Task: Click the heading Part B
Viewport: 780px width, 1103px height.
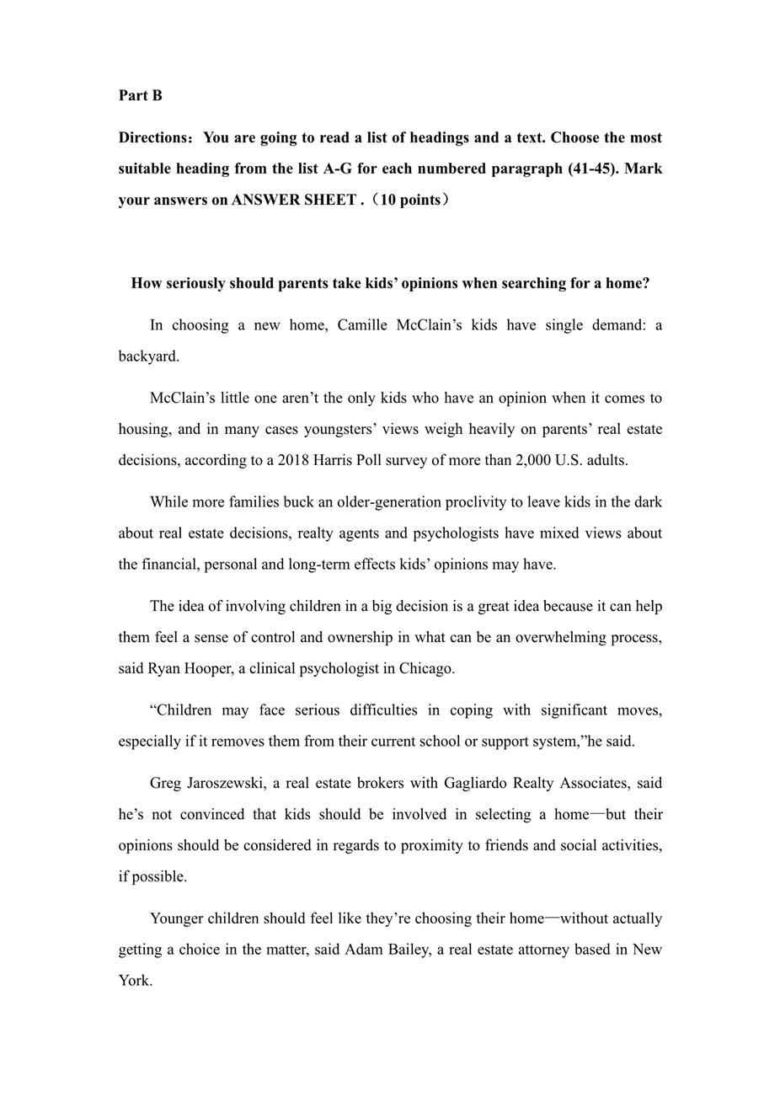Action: [140, 95]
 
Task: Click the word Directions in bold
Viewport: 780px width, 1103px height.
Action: [152, 137]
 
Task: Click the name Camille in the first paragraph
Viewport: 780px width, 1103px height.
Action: [366, 324]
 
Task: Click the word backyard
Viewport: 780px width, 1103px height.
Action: [148, 356]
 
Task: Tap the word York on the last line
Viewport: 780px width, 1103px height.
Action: [135, 980]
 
